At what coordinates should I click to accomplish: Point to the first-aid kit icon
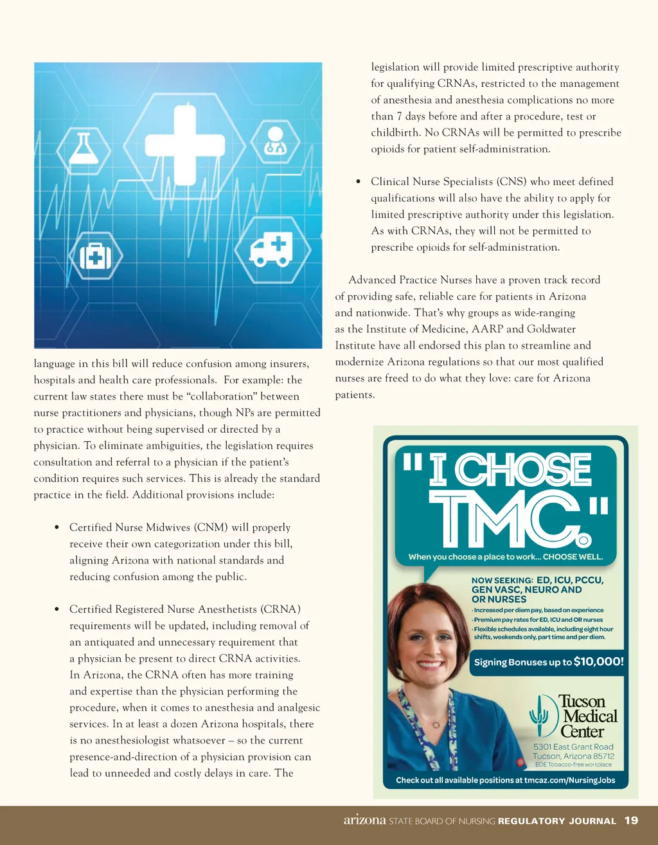pos(95,257)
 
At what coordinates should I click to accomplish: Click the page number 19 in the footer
pos(631,820)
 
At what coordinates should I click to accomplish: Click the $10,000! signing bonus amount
pos(598,661)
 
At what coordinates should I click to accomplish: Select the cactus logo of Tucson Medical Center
pos(538,716)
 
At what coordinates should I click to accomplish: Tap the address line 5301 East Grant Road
pos(573,747)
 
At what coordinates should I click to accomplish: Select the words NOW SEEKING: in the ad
pos(502,580)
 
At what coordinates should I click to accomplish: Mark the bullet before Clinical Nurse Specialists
pos(358,182)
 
